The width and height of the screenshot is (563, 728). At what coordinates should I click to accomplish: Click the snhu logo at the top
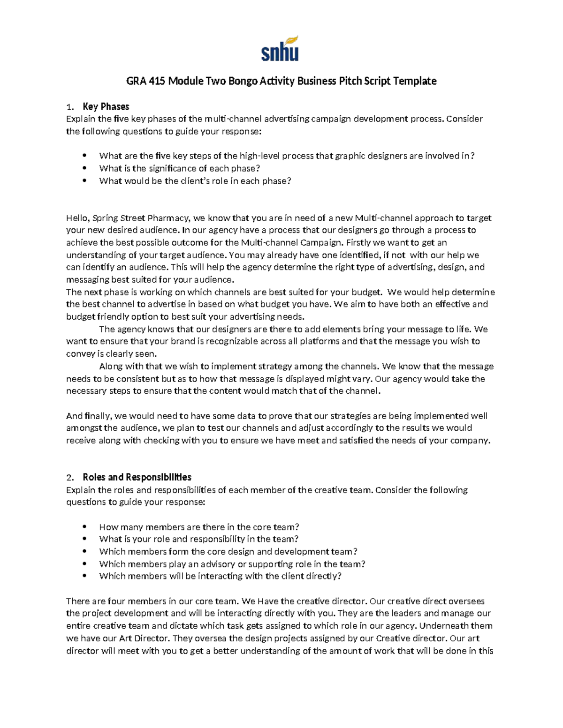(x=280, y=49)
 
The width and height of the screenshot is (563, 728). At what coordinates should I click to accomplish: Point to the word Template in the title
(x=415, y=81)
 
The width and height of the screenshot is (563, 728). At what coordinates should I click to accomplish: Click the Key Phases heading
(x=106, y=106)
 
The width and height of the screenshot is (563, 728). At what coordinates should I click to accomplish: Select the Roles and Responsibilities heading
(x=137, y=477)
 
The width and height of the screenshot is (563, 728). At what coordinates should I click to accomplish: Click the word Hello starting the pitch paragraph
(x=77, y=218)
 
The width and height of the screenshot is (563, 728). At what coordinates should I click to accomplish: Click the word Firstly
(x=360, y=243)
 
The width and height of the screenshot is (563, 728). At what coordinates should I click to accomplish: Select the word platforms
(x=320, y=341)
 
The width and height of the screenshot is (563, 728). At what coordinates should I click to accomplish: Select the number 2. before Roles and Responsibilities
(x=70, y=478)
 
